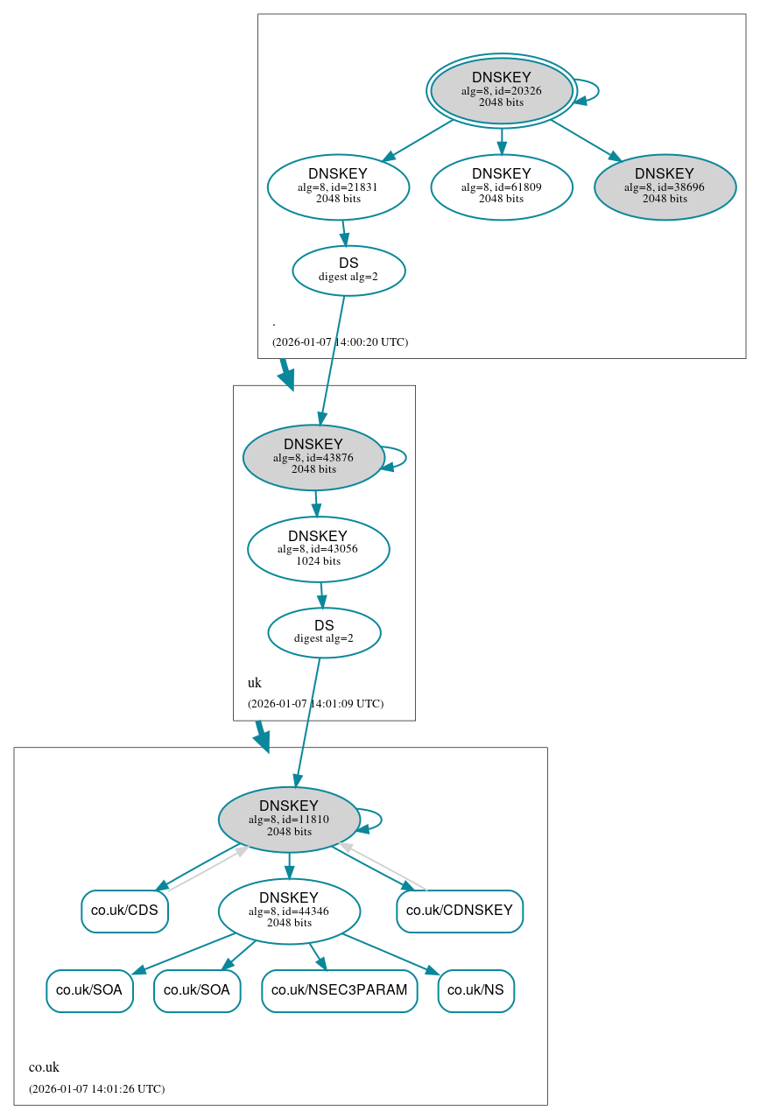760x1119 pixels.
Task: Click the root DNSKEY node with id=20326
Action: coord(501,90)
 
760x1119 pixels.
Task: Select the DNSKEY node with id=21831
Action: coord(338,186)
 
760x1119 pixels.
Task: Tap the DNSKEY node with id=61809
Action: coord(501,186)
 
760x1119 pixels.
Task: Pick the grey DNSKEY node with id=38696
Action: coord(665,186)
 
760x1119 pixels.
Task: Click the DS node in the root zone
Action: coord(348,271)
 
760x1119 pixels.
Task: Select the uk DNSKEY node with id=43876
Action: coord(313,457)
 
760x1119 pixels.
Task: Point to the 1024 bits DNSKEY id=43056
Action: coord(318,549)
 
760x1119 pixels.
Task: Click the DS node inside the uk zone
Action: coord(324,632)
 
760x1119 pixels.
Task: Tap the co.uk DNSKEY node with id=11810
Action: coord(289,820)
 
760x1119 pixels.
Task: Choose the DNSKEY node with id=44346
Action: coord(289,911)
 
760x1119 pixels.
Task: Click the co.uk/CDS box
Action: coord(124,911)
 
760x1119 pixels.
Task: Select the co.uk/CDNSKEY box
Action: coord(460,911)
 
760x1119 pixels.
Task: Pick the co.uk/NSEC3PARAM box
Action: coord(340,990)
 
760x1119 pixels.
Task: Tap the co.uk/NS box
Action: coord(475,990)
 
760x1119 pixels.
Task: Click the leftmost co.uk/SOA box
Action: coord(89,990)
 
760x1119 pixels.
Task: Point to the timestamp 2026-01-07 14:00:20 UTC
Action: coord(340,341)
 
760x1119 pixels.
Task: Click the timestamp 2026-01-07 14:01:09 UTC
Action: coord(315,703)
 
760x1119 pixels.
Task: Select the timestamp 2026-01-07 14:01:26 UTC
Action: coord(96,1088)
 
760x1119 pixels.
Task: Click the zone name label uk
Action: coord(255,683)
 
